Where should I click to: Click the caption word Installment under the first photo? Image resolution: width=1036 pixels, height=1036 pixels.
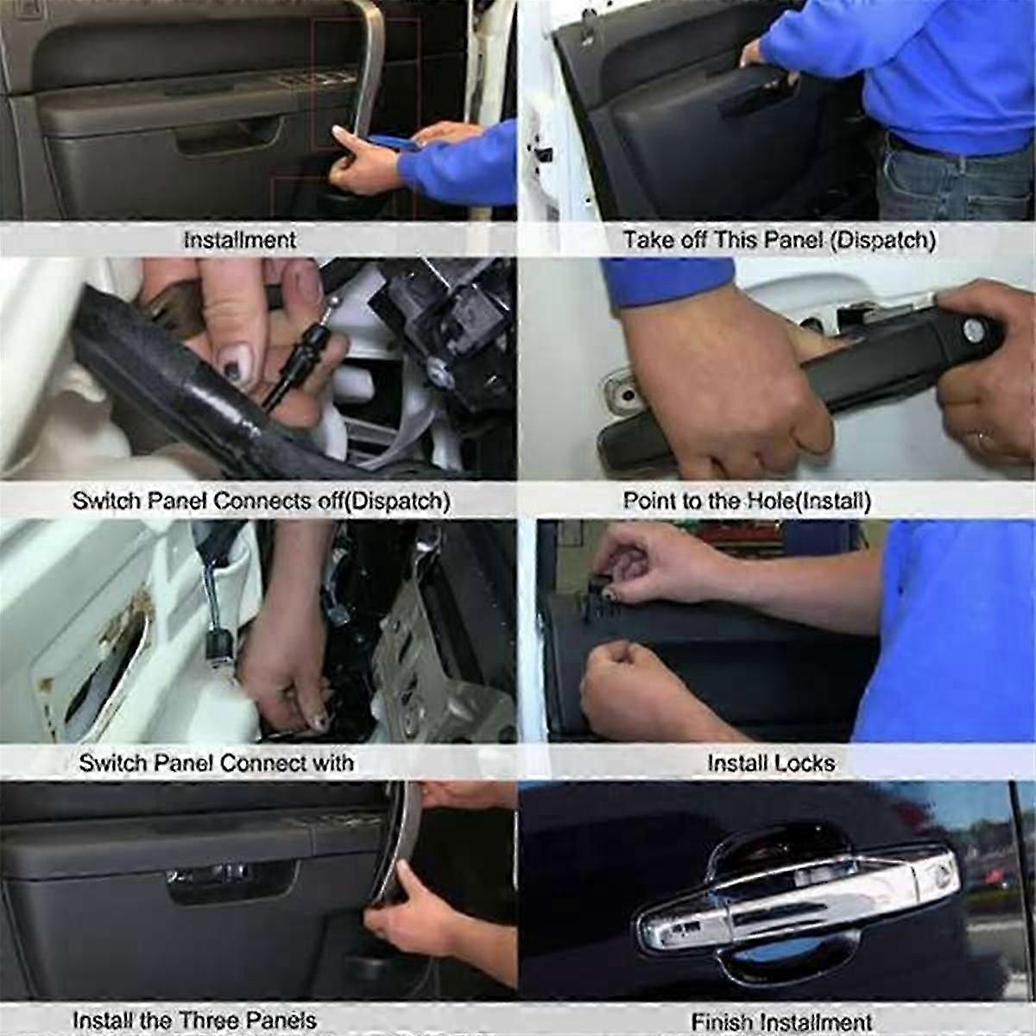pyautogui.click(x=240, y=240)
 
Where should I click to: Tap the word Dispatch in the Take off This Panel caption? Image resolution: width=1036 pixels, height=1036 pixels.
pyautogui.click(x=882, y=240)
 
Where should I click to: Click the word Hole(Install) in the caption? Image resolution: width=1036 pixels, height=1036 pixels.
pyautogui.click(x=809, y=501)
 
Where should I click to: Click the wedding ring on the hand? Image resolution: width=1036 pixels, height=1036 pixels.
pyautogui.click(x=982, y=441)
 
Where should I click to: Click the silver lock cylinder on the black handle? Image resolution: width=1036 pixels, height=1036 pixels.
pyautogui.click(x=974, y=331)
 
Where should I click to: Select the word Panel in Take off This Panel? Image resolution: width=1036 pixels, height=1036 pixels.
pyautogui.click(x=793, y=240)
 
